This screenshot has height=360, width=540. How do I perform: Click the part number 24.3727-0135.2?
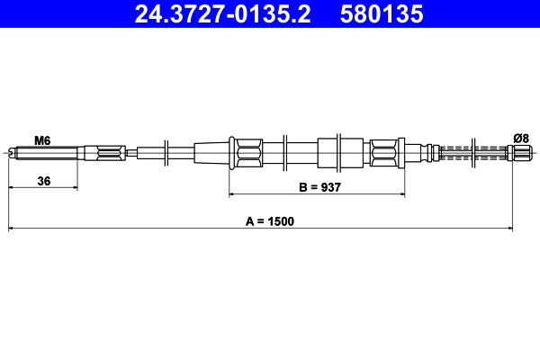[x=222, y=14]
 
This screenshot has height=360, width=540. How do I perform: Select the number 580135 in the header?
[x=384, y=14]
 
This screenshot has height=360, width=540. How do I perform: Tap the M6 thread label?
[x=41, y=140]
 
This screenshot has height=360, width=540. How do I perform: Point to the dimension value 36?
[x=43, y=181]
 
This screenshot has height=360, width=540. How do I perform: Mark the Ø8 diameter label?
[x=519, y=138]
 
